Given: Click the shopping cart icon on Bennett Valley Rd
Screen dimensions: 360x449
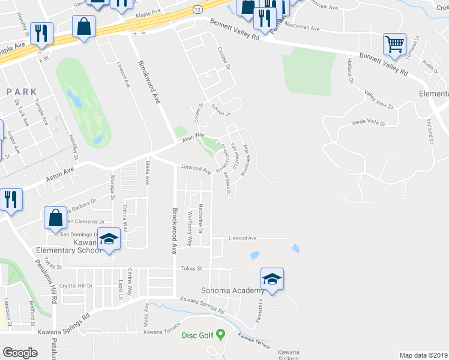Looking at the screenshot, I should (x=394, y=43).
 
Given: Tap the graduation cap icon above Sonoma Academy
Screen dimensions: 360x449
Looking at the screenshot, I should (x=272, y=279).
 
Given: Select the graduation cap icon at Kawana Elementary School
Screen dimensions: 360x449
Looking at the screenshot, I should (x=109, y=239).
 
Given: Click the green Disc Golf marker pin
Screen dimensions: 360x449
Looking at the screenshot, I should (x=220, y=334).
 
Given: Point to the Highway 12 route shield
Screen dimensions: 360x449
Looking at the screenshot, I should (x=197, y=10).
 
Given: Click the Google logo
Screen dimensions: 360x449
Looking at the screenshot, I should (x=20, y=353).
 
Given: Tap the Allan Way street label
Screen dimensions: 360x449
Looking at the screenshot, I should (x=193, y=140).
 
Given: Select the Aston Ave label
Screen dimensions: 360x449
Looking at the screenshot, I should (x=59, y=175).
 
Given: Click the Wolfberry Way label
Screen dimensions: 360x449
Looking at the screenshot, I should (x=190, y=229).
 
